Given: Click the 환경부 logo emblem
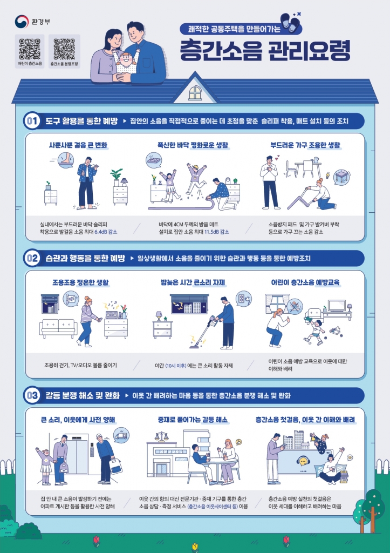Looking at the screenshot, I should pos(22,22).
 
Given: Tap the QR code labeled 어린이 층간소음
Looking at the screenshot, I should pos(30,49).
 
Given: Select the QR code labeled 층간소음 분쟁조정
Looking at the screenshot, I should pos(64,49).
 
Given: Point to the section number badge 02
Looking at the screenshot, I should pos(32,259).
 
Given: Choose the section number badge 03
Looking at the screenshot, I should pos(32,396).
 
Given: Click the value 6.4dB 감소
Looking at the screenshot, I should pos(106,231).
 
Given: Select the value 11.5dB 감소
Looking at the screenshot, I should pos(217,231).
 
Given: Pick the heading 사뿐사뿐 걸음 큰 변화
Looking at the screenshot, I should pos(79,145).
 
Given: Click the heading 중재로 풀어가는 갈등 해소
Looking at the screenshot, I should pos(193,420).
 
